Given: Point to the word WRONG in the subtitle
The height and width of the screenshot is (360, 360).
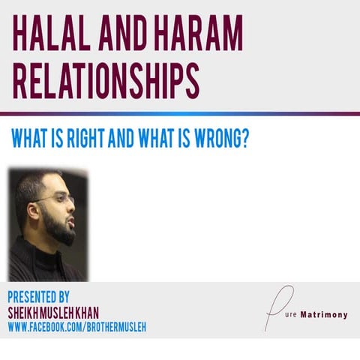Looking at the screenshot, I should click(x=214, y=141).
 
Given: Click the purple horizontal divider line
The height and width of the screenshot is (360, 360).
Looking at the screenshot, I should click(x=180, y=114).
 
